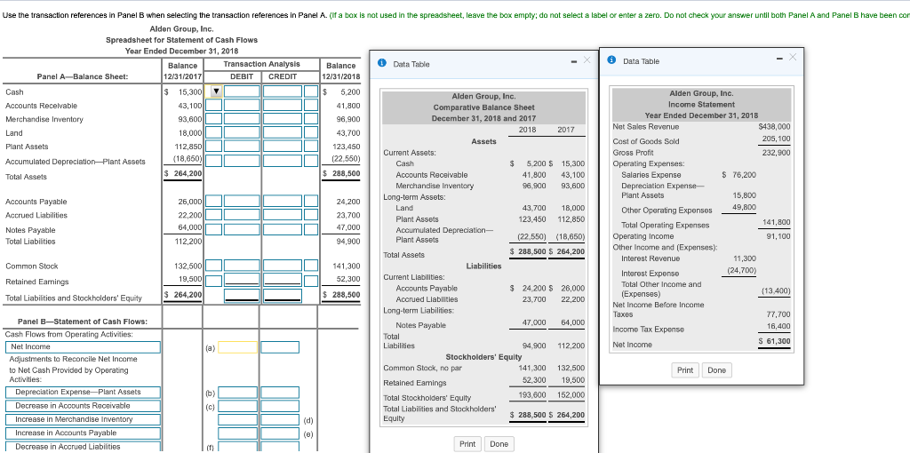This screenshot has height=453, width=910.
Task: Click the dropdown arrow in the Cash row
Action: (215, 91)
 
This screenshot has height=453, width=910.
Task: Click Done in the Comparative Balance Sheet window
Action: (499, 443)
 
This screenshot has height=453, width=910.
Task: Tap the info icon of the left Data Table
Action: (381, 63)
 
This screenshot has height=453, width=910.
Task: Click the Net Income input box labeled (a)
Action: (237, 346)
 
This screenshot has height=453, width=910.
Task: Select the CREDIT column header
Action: (282, 76)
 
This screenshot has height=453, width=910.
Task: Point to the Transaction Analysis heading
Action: (261, 64)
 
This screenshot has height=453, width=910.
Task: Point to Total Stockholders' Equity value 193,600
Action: (531, 394)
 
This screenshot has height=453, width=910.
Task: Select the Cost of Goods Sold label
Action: (646, 140)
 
